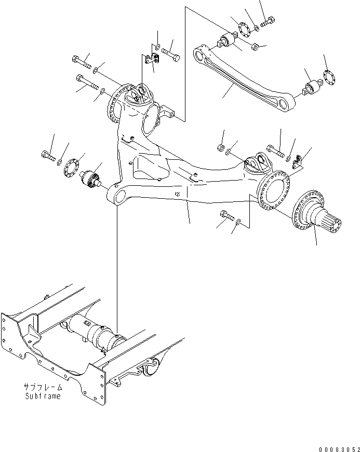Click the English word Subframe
pyautogui.click(x=42, y=396)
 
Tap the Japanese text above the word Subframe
pyautogui.click(x=42, y=387)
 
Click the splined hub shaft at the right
pyautogui.click(x=318, y=217)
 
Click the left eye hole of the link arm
pyautogui.click(x=198, y=52)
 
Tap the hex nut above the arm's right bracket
pyautogui.click(x=220, y=147)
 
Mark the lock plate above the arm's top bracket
pyautogui.click(x=152, y=60)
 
